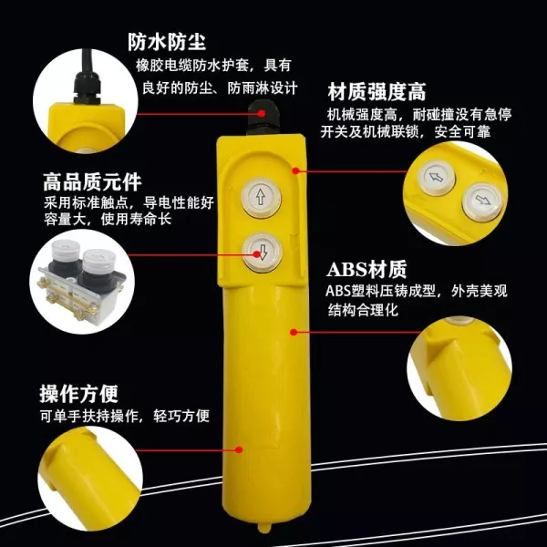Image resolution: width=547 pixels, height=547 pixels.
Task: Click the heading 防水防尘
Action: pyautogui.click(x=167, y=42)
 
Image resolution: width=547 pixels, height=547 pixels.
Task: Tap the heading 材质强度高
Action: pyautogui.click(x=377, y=92)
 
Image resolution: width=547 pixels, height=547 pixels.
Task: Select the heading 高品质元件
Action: pyautogui.click(x=92, y=181)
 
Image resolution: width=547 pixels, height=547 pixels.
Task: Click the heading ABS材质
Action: pyautogui.click(x=366, y=269)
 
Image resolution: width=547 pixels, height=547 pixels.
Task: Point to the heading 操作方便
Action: pyautogui.click(x=78, y=394)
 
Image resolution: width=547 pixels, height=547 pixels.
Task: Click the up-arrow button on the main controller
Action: pyautogui.click(x=261, y=197)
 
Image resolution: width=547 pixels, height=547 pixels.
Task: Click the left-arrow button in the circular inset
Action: pyautogui.click(x=437, y=177)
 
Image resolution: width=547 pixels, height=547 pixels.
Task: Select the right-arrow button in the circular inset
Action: pyautogui.click(x=482, y=201)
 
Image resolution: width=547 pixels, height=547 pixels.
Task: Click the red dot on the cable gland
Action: pyautogui.click(x=262, y=113)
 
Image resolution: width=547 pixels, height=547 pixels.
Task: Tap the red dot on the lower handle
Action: pyautogui.click(x=239, y=449)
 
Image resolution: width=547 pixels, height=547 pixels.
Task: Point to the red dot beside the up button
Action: pyautogui.click(x=295, y=170)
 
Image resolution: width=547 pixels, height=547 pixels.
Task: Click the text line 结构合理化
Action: pyautogui.click(x=363, y=310)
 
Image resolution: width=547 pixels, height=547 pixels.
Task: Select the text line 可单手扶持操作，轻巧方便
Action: pyautogui.click(x=125, y=416)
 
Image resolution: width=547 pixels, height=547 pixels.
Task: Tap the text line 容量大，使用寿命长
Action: pyautogui.click(x=108, y=220)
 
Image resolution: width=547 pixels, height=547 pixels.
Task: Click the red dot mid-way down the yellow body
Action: pyautogui.click(x=294, y=332)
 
